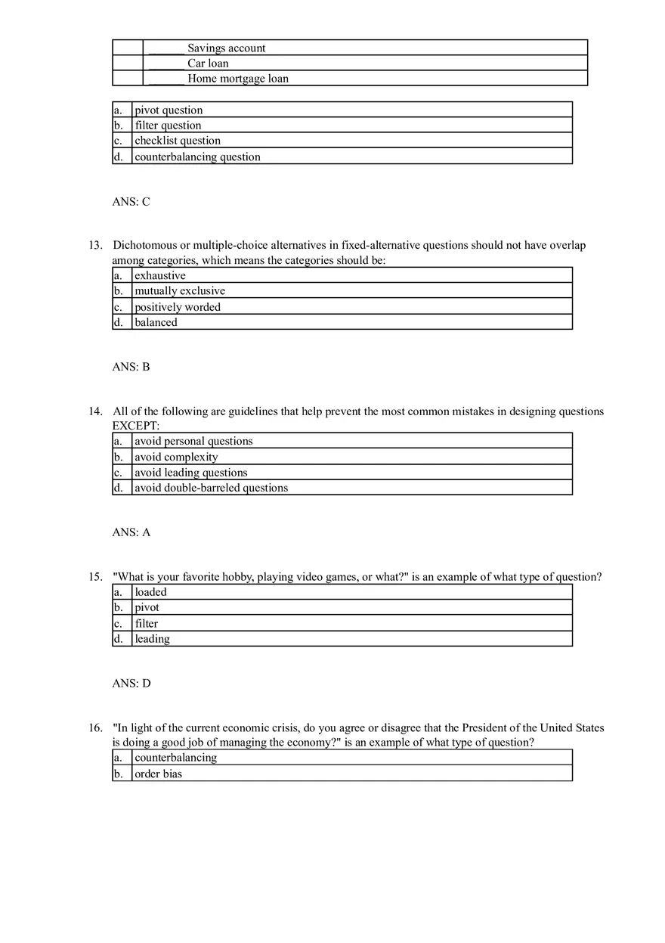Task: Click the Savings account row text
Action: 226,48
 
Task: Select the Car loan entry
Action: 208,64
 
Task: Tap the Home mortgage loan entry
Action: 237,79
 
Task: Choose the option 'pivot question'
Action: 169,110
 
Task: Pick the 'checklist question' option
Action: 178,141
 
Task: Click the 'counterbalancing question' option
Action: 197,157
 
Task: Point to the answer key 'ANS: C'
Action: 131,202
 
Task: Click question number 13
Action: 95,245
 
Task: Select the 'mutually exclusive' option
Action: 180,291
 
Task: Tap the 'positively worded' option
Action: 178,307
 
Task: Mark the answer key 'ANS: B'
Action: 131,367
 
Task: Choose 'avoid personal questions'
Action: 193,442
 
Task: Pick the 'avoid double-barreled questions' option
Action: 211,489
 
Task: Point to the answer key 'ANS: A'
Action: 131,532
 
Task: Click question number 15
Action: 95,577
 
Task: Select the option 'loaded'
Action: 150,592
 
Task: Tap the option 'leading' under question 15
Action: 152,639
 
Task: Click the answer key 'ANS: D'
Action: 131,684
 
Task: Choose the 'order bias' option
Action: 158,774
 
